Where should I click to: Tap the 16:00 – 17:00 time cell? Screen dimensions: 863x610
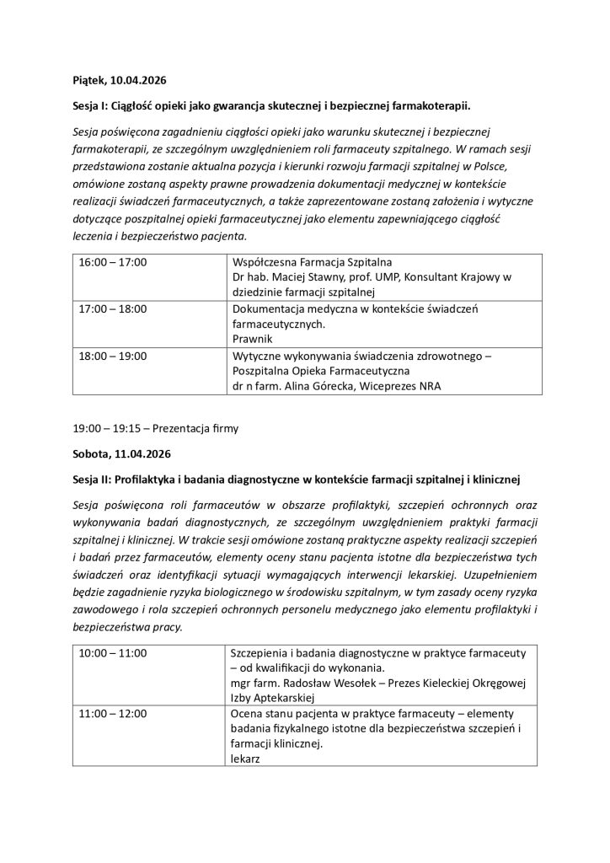[x=112, y=263]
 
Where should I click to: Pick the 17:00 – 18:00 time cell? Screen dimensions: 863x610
[x=112, y=308]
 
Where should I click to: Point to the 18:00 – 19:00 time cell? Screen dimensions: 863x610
[x=112, y=355]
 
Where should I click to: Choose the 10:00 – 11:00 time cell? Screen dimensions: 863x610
[x=112, y=653]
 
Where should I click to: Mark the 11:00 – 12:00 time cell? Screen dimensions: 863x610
[x=112, y=713]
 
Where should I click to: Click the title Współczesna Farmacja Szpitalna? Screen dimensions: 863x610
[x=311, y=263]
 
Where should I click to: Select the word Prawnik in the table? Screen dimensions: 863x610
[x=251, y=339]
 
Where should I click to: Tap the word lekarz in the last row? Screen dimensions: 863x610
[x=245, y=758]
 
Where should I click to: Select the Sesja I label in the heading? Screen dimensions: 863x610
[x=93, y=107]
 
